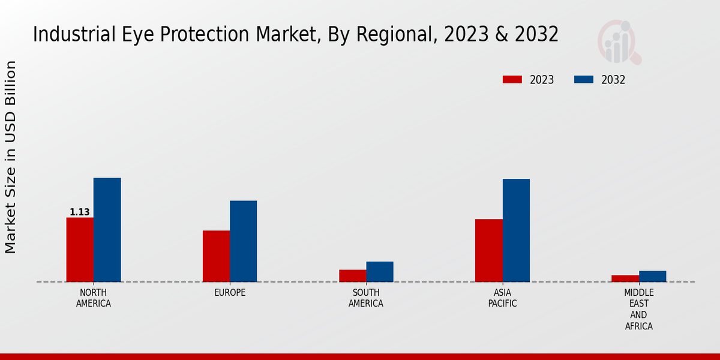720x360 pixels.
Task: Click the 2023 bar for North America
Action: coord(80,250)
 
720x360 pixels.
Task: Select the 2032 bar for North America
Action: coord(107,230)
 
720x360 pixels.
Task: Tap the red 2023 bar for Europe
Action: coord(216,256)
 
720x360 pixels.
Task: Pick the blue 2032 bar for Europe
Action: coord(243,241)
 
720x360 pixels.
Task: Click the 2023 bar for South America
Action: coord(352,276)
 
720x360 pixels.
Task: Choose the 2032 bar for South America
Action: coord(380,272)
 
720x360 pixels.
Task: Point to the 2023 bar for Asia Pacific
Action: coord(488,250)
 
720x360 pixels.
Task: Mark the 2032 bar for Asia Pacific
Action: coord(516,230)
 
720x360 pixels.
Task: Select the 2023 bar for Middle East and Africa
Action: coord(625,278)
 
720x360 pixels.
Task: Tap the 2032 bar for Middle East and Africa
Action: coord(652,276)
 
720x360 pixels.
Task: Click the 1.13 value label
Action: coord(80,212)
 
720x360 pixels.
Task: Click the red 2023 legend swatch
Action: coord(512,80)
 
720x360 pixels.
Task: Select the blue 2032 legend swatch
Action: coord(584,80)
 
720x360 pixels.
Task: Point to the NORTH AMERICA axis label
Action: coord(94,298)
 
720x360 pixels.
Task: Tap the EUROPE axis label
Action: coord(230,293)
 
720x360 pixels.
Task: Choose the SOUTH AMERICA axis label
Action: coord(366,298)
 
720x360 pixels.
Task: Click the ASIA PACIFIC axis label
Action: coord(502,298)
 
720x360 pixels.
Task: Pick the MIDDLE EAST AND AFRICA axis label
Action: coord(638,310)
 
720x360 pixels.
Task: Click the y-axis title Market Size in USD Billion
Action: coord(11,157)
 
